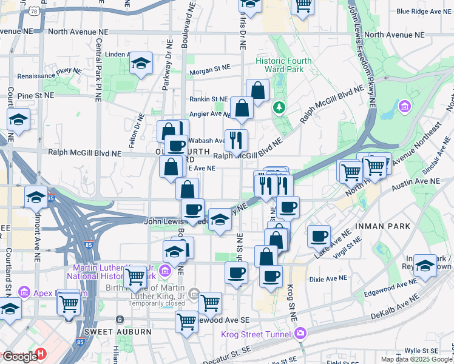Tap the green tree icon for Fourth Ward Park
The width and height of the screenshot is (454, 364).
click(x=279, y=107)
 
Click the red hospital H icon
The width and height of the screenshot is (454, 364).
click(x=41, y=353)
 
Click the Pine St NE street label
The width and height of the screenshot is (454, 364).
click(x=36, y=95)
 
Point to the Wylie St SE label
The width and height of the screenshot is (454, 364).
click(x=422, y=351)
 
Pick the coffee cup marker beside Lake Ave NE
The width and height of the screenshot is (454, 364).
click(x=318, y=236)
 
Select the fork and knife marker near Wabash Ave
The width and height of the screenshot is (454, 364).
click(x=235, y=140)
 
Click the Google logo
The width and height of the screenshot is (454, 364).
click(x=19, y=356)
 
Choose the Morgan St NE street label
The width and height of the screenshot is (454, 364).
click(x=210, y=71)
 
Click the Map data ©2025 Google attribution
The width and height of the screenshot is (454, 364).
click(x=416, y=359)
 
